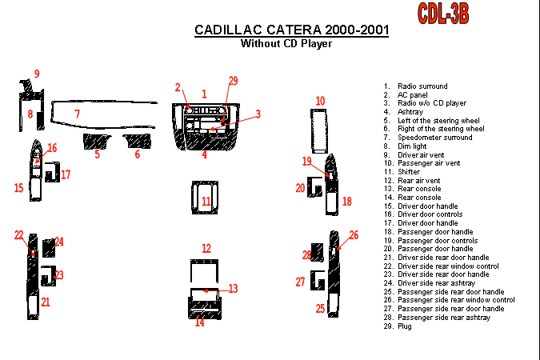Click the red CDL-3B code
(x=443, y=13)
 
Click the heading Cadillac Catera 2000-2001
(x=292, y=30)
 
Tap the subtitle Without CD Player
(x=286, y=43)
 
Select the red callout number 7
(x=77, y=114)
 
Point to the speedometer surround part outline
(x=103, y=102)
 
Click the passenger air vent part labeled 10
(x=319, y=131)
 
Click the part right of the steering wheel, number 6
(x=138, y=141)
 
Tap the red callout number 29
(x=233, y=81)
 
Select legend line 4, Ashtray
(x=403, y=112)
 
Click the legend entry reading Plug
(x=398, y=326)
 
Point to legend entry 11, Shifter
(x=402, y=172)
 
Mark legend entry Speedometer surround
(x=428, y=138)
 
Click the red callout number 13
(x=233, y=289)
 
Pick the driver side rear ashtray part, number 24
(x=49, y=248)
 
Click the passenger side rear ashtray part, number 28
(x=317, y=252)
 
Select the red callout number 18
(x=346, y=201)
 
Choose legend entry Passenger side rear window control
(x=450, y=300)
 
